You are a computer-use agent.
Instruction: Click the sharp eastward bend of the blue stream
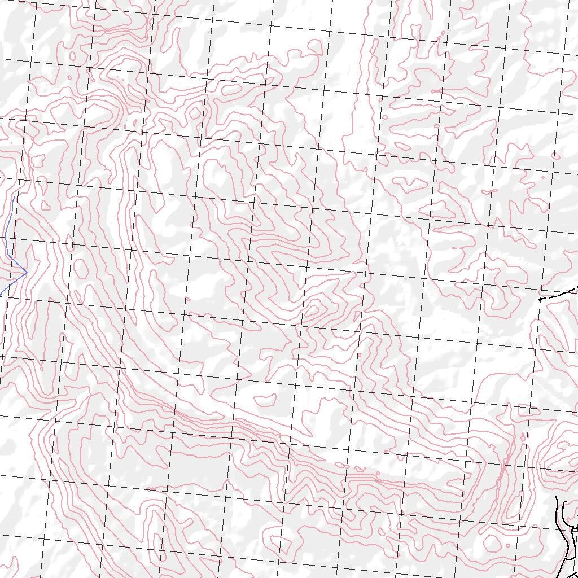pos(27,273)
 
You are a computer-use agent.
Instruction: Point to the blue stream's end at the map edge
pos(1,295)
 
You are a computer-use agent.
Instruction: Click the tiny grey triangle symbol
pos(11,143)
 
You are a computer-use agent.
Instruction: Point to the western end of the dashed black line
pos(540,299)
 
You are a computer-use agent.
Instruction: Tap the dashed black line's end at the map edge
pos(577,288)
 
